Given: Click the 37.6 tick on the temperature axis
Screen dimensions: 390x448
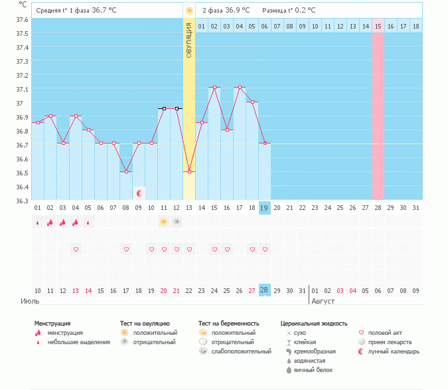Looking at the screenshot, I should (22, 20).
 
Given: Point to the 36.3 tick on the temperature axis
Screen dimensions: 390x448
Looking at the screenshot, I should (22, 201).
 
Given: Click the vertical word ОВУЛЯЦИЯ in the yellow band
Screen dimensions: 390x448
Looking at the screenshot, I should (189, 40).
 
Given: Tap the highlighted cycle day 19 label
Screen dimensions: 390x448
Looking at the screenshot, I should (264, 208).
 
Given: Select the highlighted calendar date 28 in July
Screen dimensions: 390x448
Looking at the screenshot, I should (264, 290).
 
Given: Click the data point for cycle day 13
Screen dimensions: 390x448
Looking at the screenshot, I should (189, 171).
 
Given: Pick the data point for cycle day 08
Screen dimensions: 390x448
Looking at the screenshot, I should (126, 171).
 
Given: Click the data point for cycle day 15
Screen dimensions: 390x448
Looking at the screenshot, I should (214, 88).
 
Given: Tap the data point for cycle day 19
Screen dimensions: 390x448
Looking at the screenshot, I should (265, 143).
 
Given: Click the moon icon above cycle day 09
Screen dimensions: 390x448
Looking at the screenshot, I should (139, 193).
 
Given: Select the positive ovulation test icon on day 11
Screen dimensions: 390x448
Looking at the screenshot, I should (164, 222).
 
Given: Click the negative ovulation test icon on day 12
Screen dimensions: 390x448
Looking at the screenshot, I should (177, 222).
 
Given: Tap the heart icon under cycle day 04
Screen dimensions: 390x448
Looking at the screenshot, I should (76, 249).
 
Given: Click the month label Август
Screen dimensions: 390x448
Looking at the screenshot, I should (323, 301).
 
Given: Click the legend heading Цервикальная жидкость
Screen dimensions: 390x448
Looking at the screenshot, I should (314, 324).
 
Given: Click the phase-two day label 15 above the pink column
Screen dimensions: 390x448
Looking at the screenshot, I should (378, 26).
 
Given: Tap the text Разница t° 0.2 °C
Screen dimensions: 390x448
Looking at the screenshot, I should (289, 11).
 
